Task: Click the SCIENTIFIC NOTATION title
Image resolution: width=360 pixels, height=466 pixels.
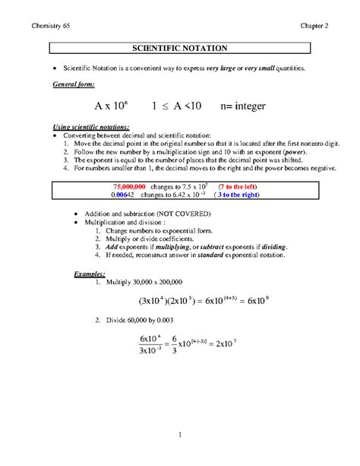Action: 180,49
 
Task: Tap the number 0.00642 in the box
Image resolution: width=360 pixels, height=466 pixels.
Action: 125,195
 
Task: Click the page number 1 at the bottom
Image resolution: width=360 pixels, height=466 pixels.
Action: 180,434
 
